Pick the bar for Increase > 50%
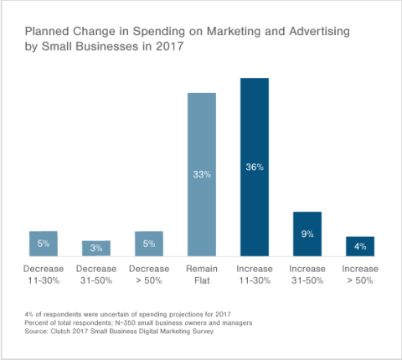coord(360,246)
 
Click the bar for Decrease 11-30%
coord(43,243)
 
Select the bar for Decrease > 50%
coord(148,243)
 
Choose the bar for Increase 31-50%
coord(307,234)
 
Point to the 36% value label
coord(254,167)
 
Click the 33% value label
coord(201,174)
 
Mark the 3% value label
coord(95,249)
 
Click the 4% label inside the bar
coord(360,246)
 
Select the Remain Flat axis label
coord(201,274)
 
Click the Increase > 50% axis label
coord(360,274)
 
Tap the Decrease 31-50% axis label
coord(95,274)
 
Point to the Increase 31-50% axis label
coord(307,274)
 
